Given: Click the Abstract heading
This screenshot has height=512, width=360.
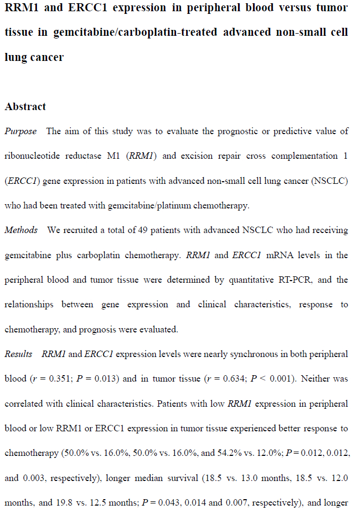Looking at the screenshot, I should click(x=25, y=106).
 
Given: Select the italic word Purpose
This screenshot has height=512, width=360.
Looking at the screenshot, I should click(x=21, y=131).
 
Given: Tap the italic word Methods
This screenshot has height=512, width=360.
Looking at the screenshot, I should click(x=21, y=230).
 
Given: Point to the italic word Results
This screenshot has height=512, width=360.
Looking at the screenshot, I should click(x=18, y=354).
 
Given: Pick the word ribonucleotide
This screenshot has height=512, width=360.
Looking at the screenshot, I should click(x=32, y=156).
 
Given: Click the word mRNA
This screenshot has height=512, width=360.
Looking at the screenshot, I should click(x=280, y=255).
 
